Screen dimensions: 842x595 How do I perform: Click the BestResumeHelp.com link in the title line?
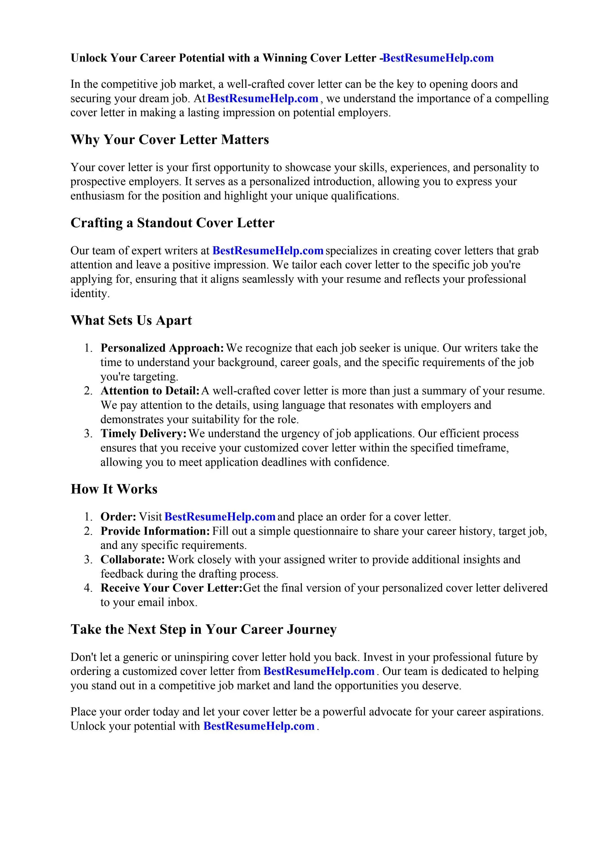[438, 58]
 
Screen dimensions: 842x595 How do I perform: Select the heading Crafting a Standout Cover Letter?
[172, 223]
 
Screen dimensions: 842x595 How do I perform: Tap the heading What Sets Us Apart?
[131, 320]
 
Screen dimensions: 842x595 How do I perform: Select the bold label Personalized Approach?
[162, 348]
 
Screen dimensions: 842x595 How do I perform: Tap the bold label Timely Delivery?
[143, 434]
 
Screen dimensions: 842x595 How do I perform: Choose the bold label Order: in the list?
[118, 517]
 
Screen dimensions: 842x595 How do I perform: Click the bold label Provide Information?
[155, 531]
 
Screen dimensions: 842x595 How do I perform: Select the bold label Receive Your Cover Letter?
[171, 588]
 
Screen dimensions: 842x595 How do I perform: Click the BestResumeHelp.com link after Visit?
[220, 517]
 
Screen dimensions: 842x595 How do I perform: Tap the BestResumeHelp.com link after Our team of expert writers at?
[268, 251]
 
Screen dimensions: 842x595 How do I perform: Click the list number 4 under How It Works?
[88, 588]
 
